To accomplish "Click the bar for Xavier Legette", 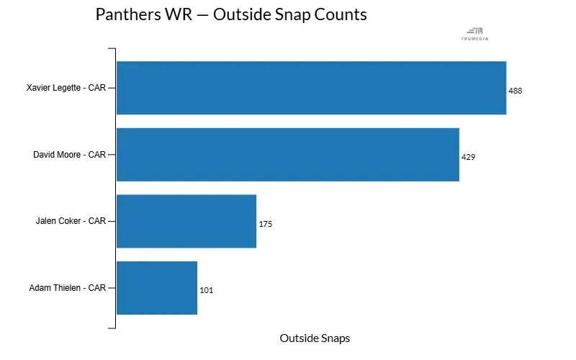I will (311, 88).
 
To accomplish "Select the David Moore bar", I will (288, 155).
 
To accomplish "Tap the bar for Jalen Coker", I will (186, 221).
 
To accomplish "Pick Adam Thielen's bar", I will (157, 288).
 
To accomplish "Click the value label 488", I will (515, 91).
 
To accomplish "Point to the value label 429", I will (468, 157).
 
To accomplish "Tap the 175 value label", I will (265, 224).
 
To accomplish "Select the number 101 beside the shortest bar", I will (206, 290).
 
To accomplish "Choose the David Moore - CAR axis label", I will (70, 155).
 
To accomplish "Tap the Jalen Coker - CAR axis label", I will (71, 221).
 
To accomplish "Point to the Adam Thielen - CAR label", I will (68, 288).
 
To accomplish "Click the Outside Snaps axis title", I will (315, 338).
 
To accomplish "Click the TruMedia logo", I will (474, 33).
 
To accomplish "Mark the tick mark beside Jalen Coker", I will (112, 221).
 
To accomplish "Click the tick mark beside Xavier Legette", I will (112, 88).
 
